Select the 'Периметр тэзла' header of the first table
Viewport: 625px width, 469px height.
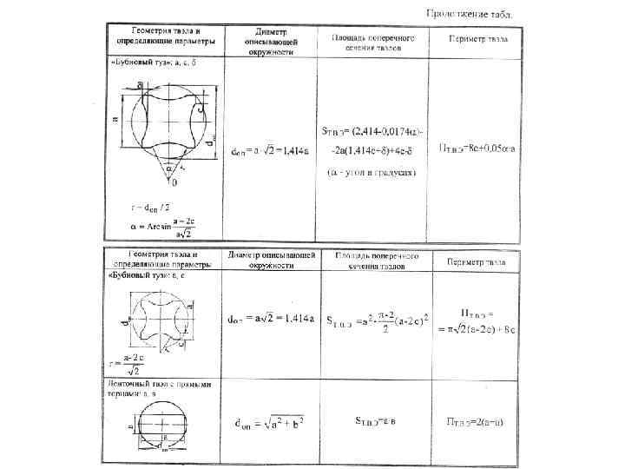(479, 40)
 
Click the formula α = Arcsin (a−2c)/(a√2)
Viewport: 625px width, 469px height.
(160, 228)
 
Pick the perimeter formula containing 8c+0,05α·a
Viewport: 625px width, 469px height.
(477, 149)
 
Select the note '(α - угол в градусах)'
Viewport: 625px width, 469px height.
(372, 173)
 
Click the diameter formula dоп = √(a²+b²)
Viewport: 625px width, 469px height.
(270, 424)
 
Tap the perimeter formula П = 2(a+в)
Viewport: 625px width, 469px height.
(477, 423)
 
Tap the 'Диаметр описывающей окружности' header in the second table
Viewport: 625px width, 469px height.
(271, 261)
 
